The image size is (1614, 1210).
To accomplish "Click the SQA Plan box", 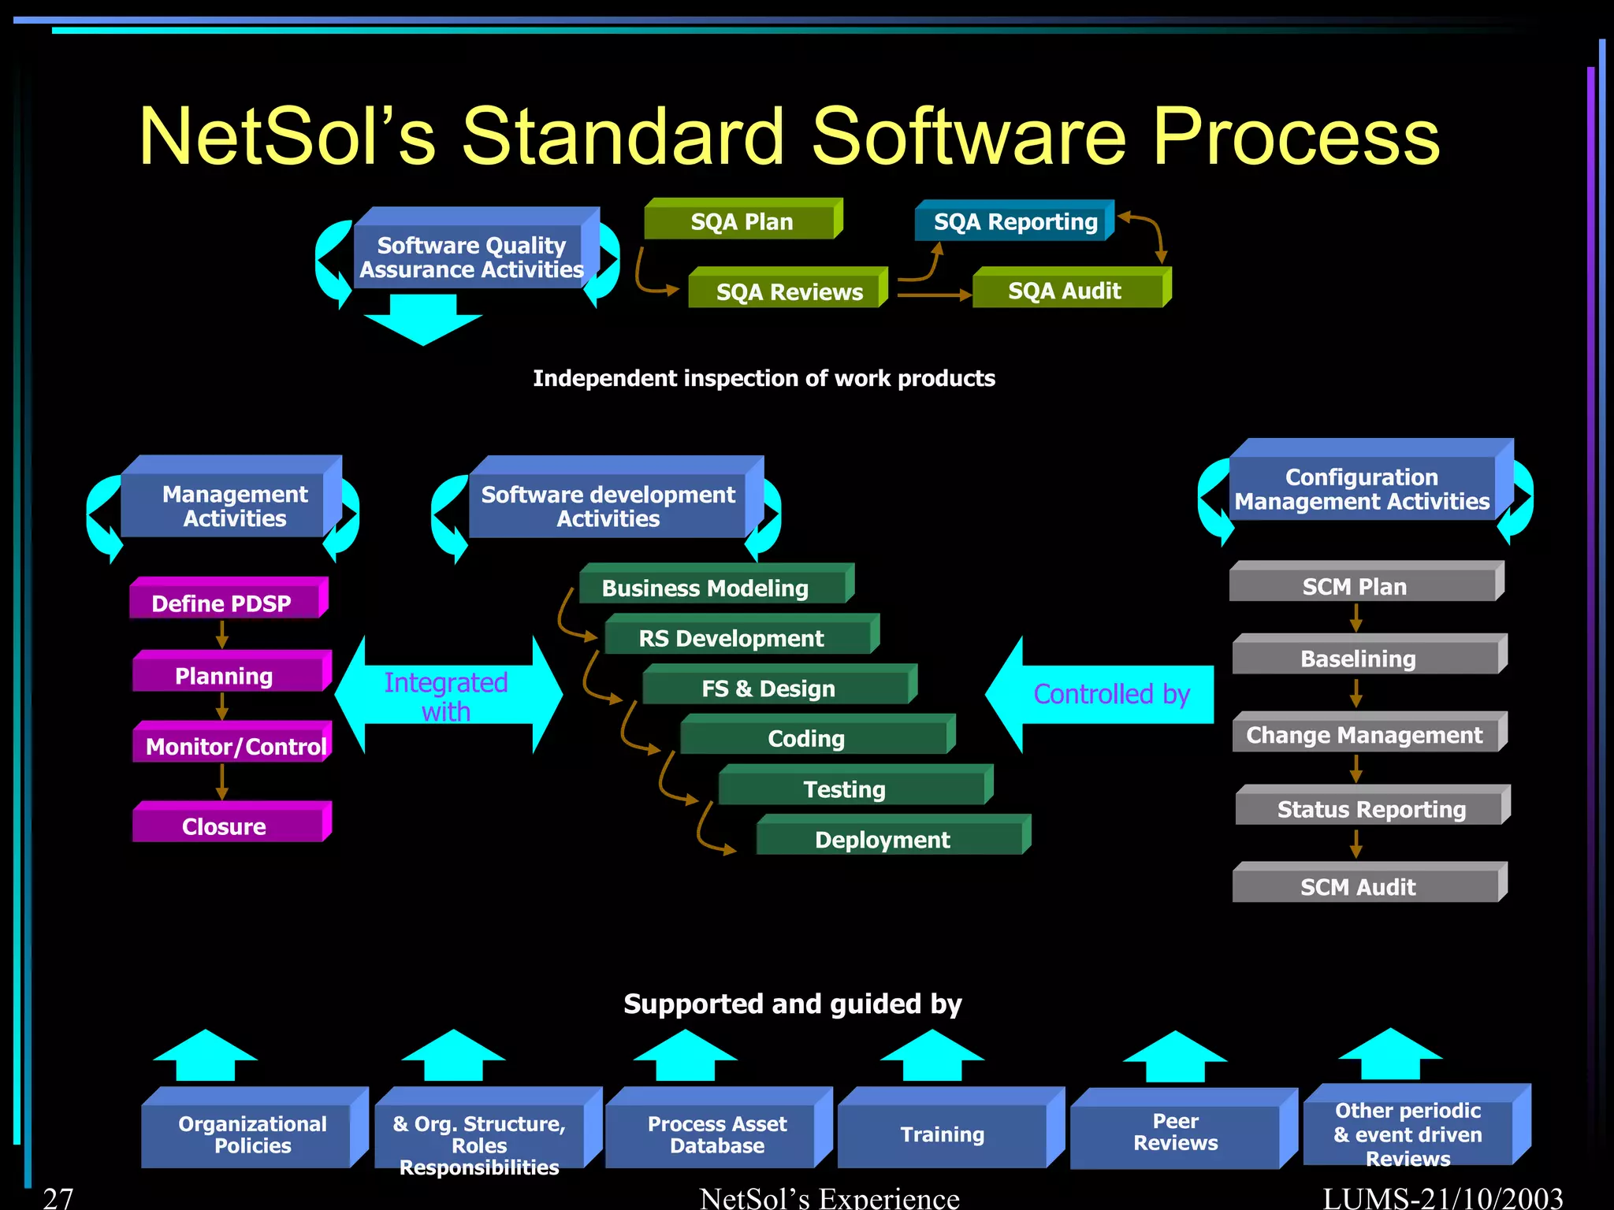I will [x=741, y=221].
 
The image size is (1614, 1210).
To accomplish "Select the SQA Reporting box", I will [x=1014, y=221].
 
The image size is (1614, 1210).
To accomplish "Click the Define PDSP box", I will [x=224, y=603].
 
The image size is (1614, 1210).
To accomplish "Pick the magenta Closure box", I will [x=226, y=826].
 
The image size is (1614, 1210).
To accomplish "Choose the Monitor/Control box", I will [x=234, y=745].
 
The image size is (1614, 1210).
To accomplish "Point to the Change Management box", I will [x=1365, y=734].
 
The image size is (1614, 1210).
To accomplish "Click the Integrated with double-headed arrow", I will [x=448, y=696].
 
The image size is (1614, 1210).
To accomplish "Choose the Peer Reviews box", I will [x=1176, y=1132].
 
